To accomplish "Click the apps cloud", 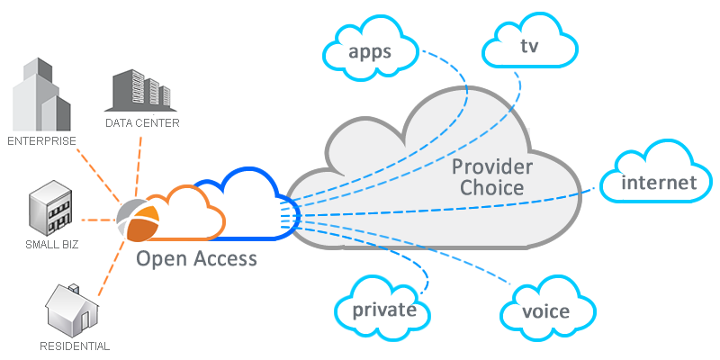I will pos(370,50).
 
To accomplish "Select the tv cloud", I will pos(529,44).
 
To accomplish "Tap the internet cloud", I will pos(659,183).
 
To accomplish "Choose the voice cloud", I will pos(545,310).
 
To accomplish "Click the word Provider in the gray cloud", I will pos(492,166).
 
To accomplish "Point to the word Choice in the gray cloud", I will pos(492,188).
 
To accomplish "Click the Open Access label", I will pos(196,259).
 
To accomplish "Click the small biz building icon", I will pos(50,209).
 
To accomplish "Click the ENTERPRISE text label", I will pos(41,140).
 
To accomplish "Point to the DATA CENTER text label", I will pos(142,122).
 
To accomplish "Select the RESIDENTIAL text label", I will pos(75,346).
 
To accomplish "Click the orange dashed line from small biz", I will pos(99,219).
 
